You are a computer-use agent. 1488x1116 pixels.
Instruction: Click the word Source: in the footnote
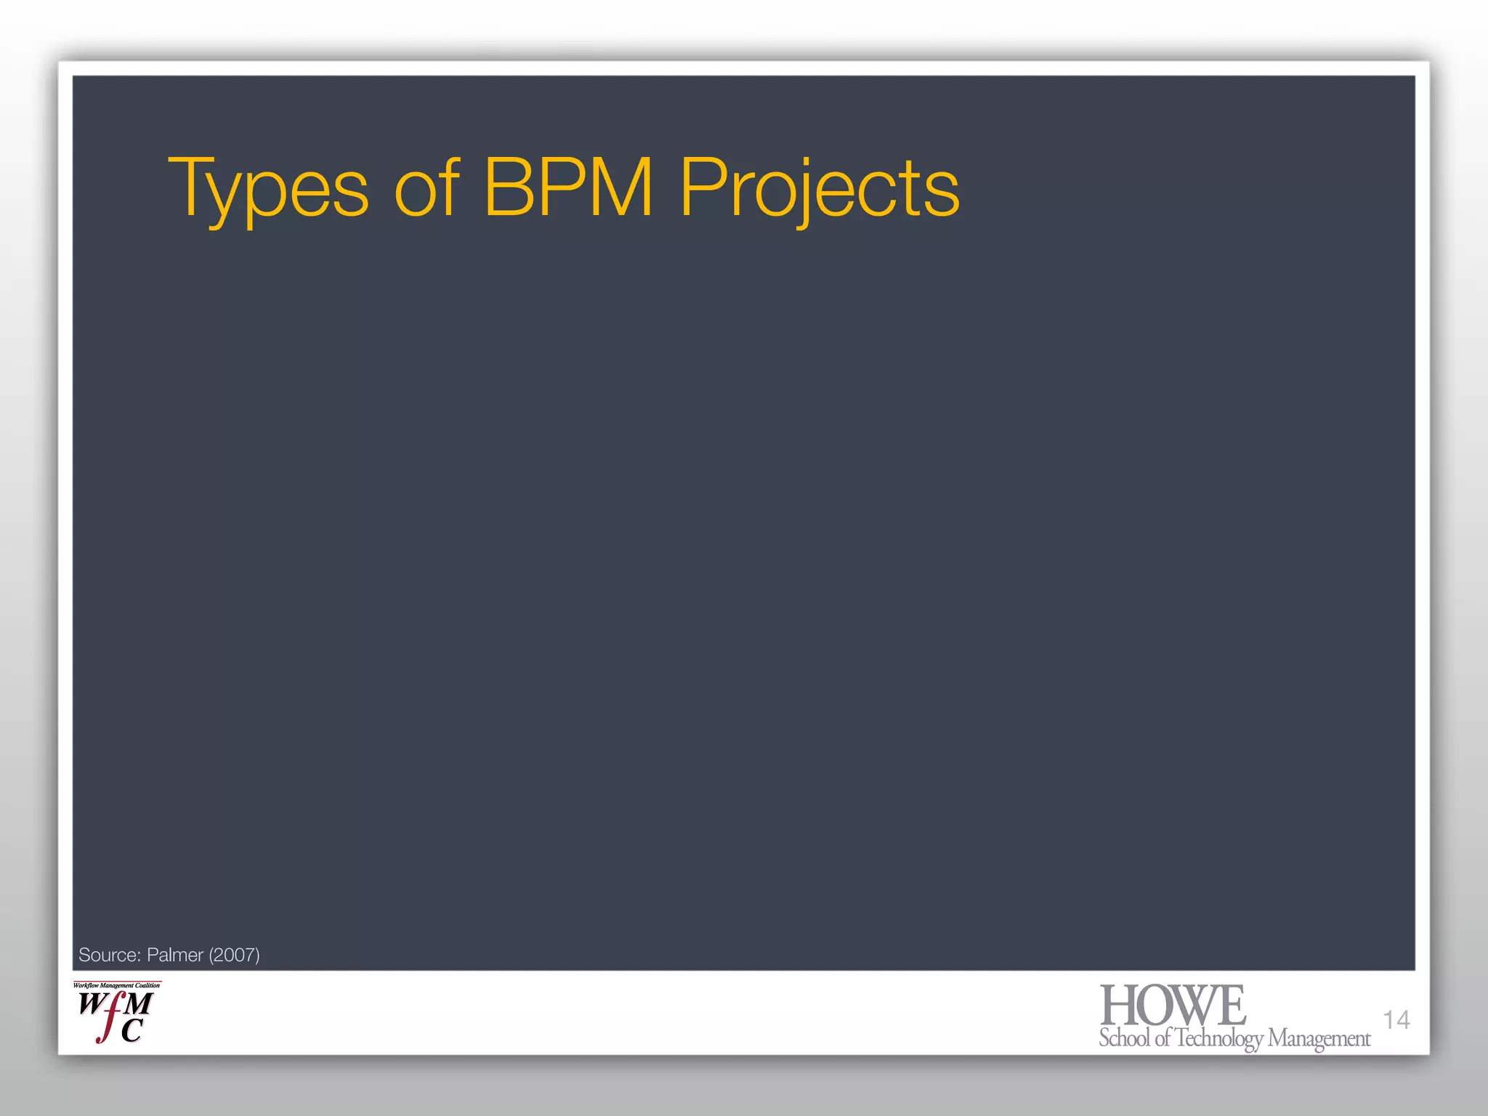click(x=109, y=955)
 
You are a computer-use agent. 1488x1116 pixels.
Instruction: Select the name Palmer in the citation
click(x=174, y=955)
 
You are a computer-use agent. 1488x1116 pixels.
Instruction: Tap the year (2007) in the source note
click(x=234, y=955)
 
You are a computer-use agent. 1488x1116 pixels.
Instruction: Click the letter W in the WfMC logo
click(x=92, y=1004)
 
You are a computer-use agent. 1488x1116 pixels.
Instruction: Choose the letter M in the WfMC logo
click(x=138, y=1004)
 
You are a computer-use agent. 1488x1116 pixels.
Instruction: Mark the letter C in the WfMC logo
click(x=132, y=1030)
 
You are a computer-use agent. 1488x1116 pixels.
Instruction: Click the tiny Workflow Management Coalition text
click(x=117, y=985)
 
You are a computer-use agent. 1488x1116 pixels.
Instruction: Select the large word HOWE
click(x=1173, y=1006)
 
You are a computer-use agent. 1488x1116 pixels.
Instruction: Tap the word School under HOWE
click(x=1125, y=1038)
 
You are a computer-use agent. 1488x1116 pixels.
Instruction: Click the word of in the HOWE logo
click(x=1162, y=1038)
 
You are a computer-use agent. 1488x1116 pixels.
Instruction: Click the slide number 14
click(x=1396, y=1020)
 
